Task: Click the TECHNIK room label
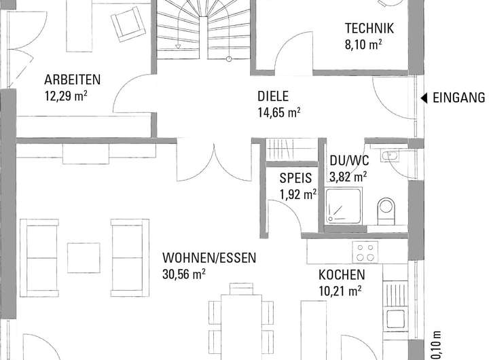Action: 369,29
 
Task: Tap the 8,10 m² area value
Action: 363,44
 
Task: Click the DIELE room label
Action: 273,96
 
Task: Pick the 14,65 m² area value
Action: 279,113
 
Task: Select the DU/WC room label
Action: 349,162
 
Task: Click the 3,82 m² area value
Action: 348,177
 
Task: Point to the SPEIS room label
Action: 295,180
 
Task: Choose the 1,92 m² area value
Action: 298,196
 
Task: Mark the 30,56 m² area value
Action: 183,274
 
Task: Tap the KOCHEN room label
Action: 342,275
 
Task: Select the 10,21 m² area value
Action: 340,291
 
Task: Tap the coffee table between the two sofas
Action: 84,257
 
